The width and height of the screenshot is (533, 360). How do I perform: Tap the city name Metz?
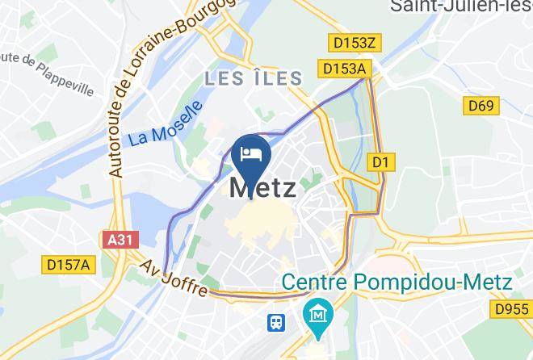click(262, 188)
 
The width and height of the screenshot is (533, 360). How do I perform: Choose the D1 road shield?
click(381, 162)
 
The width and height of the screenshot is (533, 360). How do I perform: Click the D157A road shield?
click(69, 264)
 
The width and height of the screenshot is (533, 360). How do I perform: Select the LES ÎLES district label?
click(253, 78)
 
